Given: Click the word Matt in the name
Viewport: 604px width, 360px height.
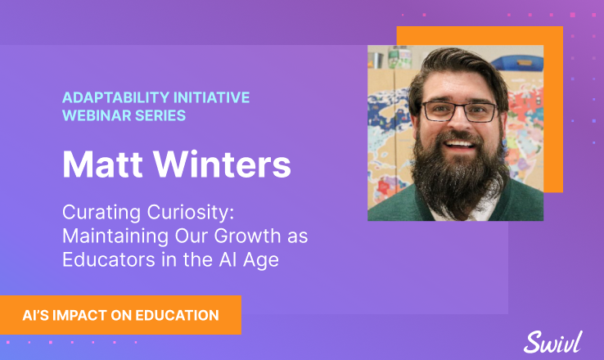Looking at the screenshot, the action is (x=102, y=164).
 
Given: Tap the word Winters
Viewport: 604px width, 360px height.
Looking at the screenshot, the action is (x=223, y=164).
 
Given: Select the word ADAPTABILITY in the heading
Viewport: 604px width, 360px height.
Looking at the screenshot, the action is (x=116, y=97).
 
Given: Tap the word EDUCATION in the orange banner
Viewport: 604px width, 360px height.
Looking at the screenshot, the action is (x=178, y=315).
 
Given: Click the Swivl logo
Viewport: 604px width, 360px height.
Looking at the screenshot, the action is (x=552, y=342).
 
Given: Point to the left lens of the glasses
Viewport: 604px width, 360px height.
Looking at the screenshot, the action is (x=439, y=112).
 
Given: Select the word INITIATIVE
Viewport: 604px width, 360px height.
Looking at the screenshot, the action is (x=211, y=97).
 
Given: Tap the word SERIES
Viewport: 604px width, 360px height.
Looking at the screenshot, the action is (x=160, y=115).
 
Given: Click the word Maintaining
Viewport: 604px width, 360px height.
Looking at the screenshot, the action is (x=115, y=236).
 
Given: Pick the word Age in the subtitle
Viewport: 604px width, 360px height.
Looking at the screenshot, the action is (x=261, y=260).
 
